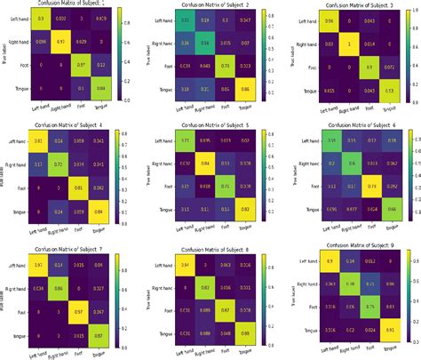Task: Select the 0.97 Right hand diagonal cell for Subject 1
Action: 60,42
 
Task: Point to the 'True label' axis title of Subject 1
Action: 5,54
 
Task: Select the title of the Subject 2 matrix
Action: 215,5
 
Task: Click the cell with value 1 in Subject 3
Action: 349,43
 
